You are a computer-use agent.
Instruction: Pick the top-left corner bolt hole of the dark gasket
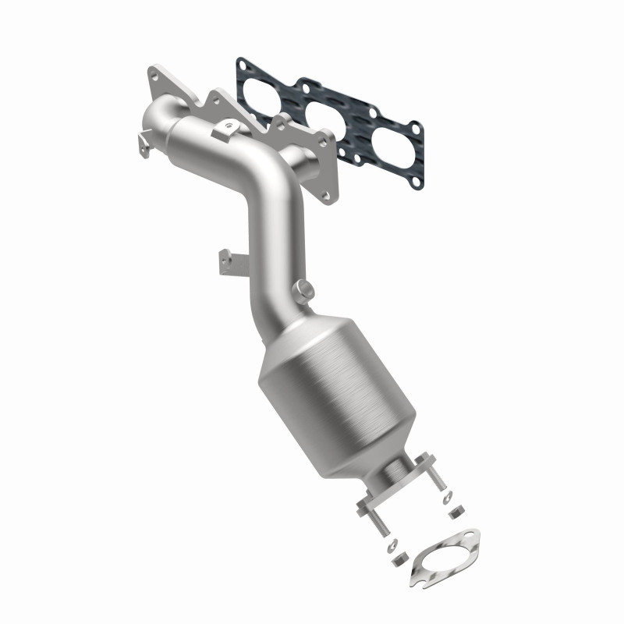coord(245,62)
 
